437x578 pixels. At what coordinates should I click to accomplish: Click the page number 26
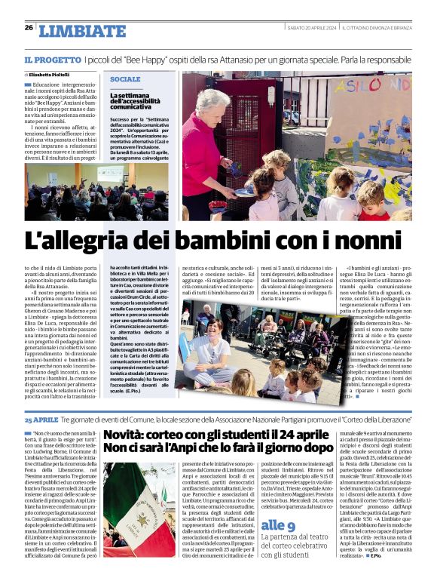point(29,28)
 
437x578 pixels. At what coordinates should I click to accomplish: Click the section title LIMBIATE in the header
point(82,31)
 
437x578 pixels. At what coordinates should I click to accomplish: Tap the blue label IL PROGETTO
point(51,59)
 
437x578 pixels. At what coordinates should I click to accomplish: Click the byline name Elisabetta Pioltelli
point(50,75)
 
